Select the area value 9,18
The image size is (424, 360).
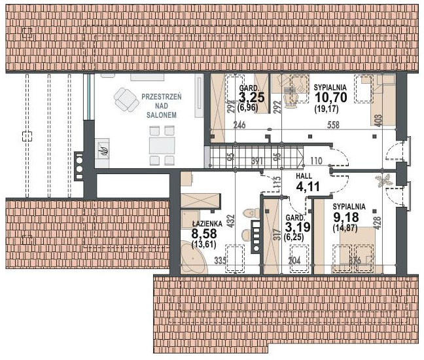[x=345, y=217]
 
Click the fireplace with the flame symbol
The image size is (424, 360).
[x=103, y=151]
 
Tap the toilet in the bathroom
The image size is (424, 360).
[x=248, y=213]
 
